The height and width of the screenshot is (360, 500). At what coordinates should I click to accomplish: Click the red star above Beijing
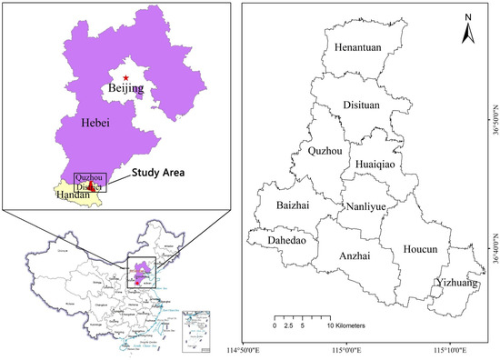point(126,78)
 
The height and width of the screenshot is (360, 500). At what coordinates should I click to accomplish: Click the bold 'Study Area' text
point(155,171)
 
